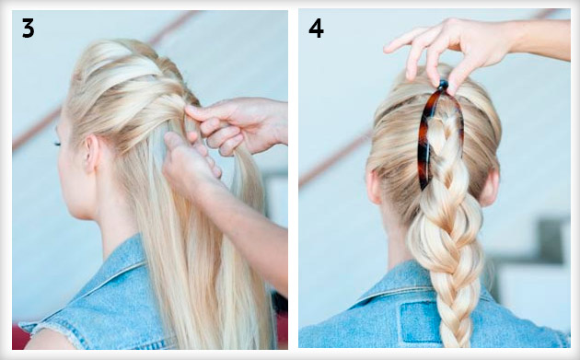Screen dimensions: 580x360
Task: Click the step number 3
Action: coord(29,29)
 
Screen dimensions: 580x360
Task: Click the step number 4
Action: coord(316,29)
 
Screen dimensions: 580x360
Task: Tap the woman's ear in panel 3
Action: coord(91,154)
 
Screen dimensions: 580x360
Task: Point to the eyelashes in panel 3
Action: coord(57,143)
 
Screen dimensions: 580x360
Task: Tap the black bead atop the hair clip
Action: coord(443,86)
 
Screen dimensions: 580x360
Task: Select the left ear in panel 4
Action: coord(374,187)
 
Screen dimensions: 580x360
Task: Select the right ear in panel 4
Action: coord(491,188)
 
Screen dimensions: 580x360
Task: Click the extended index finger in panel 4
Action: coord(401,41)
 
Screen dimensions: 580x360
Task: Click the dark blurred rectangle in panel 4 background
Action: coord(551,240)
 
